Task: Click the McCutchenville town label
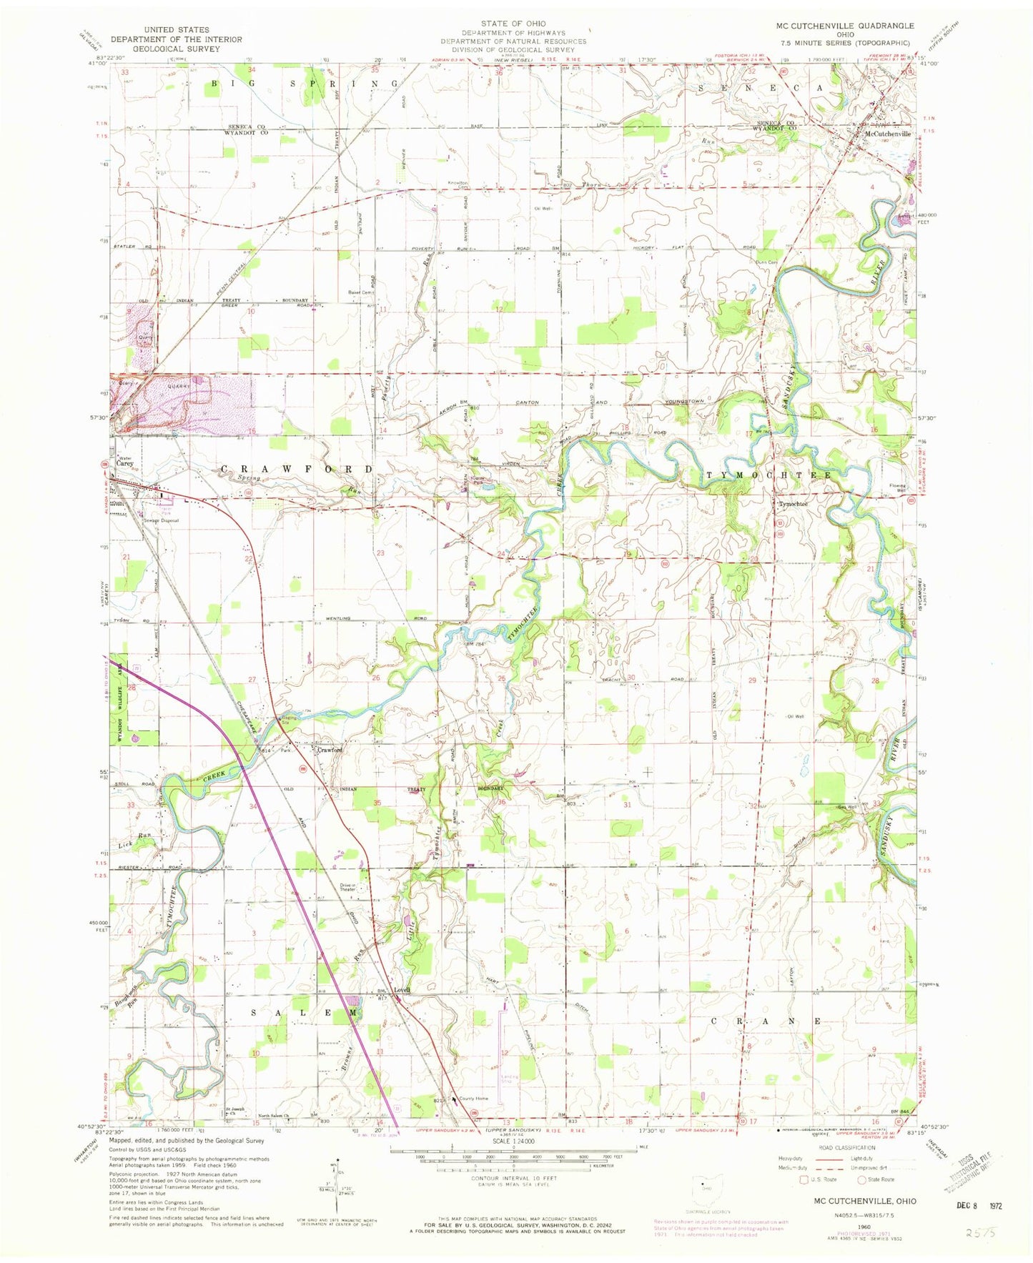888,134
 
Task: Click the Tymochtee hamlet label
793,504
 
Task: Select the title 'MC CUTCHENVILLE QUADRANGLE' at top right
844,26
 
